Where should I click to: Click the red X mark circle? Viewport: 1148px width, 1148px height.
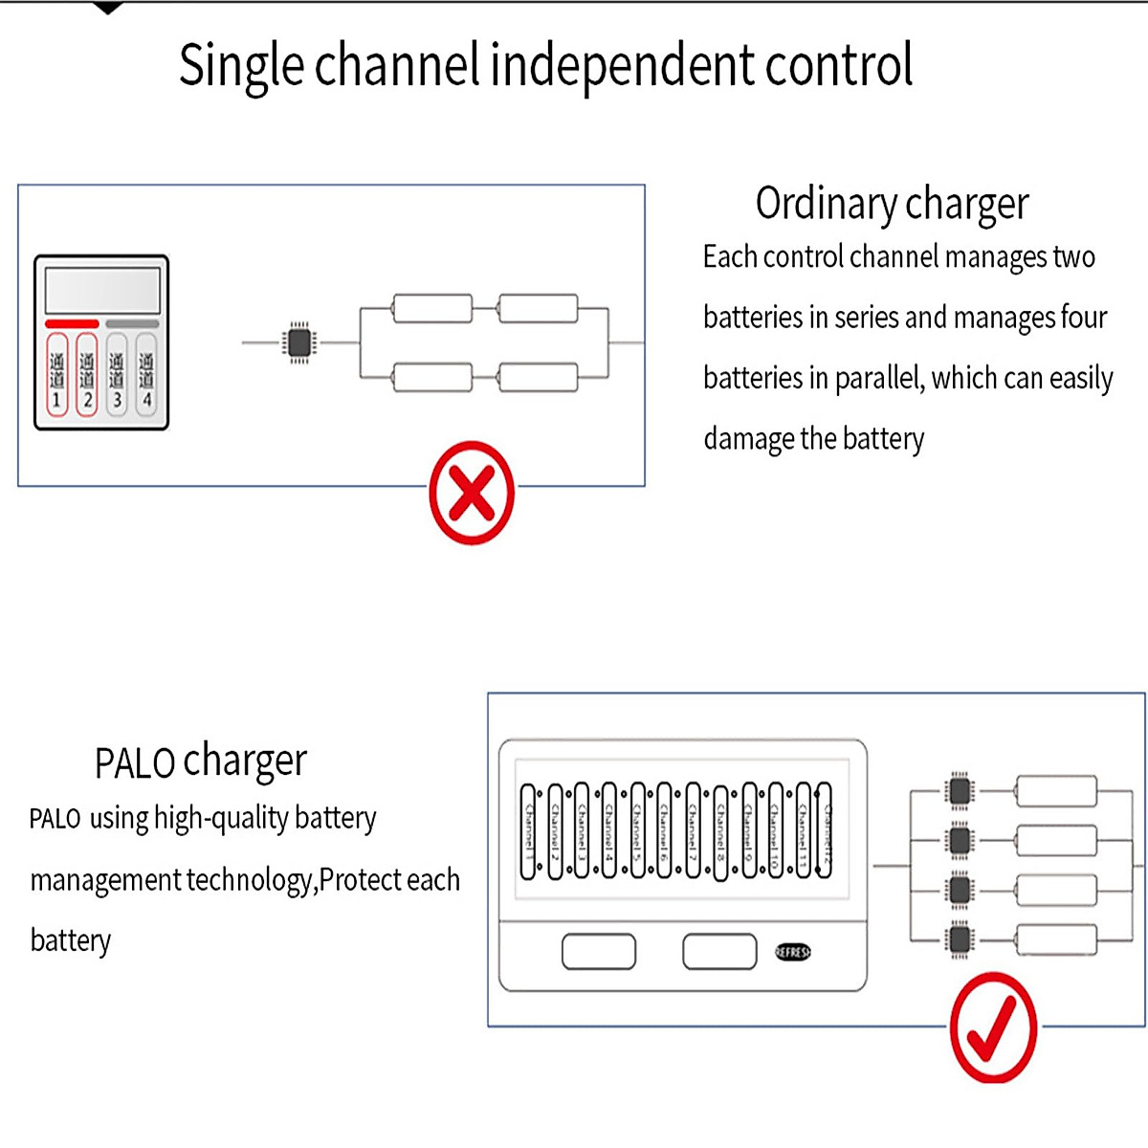click(x=472, y=493)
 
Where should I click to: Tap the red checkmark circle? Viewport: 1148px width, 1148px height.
click(x=993, y=1027)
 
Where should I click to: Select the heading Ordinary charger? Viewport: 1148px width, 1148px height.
click(x=892, y=203)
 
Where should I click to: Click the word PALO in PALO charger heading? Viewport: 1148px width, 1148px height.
click(x=134, y=763)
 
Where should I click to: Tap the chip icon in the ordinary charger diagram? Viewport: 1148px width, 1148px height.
click(x=299, y=342)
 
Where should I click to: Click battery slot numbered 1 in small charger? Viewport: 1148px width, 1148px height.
click(x=57, y=375)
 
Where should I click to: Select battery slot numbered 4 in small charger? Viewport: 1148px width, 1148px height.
click(x=146, y=375)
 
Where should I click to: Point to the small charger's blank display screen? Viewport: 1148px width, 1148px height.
click(x=101, y=288)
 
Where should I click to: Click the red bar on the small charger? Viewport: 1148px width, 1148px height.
click(x=72, y=324)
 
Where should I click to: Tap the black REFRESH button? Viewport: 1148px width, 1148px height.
click(x=792, y=952)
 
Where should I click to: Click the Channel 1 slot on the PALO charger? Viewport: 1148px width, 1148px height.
click(x=528, y=831)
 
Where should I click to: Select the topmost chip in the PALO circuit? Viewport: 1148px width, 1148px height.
click(x=960, y=791)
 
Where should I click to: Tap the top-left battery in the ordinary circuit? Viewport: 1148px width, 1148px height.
click(x=432, y=309)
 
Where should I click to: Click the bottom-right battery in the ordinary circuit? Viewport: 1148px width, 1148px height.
click(x=538, y=377)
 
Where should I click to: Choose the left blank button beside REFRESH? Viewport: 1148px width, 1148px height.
click(x=599, y=952)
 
